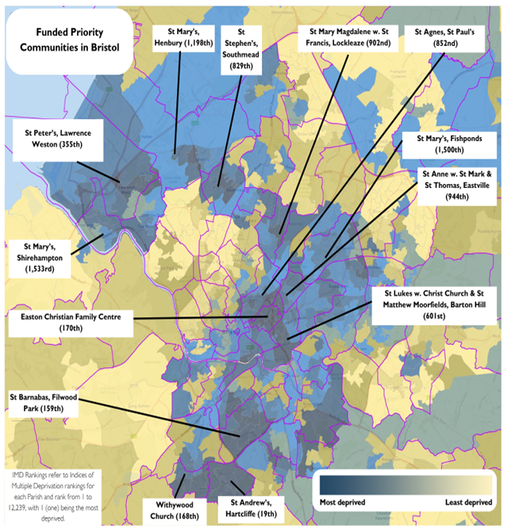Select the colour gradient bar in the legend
[x=405, y=483]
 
